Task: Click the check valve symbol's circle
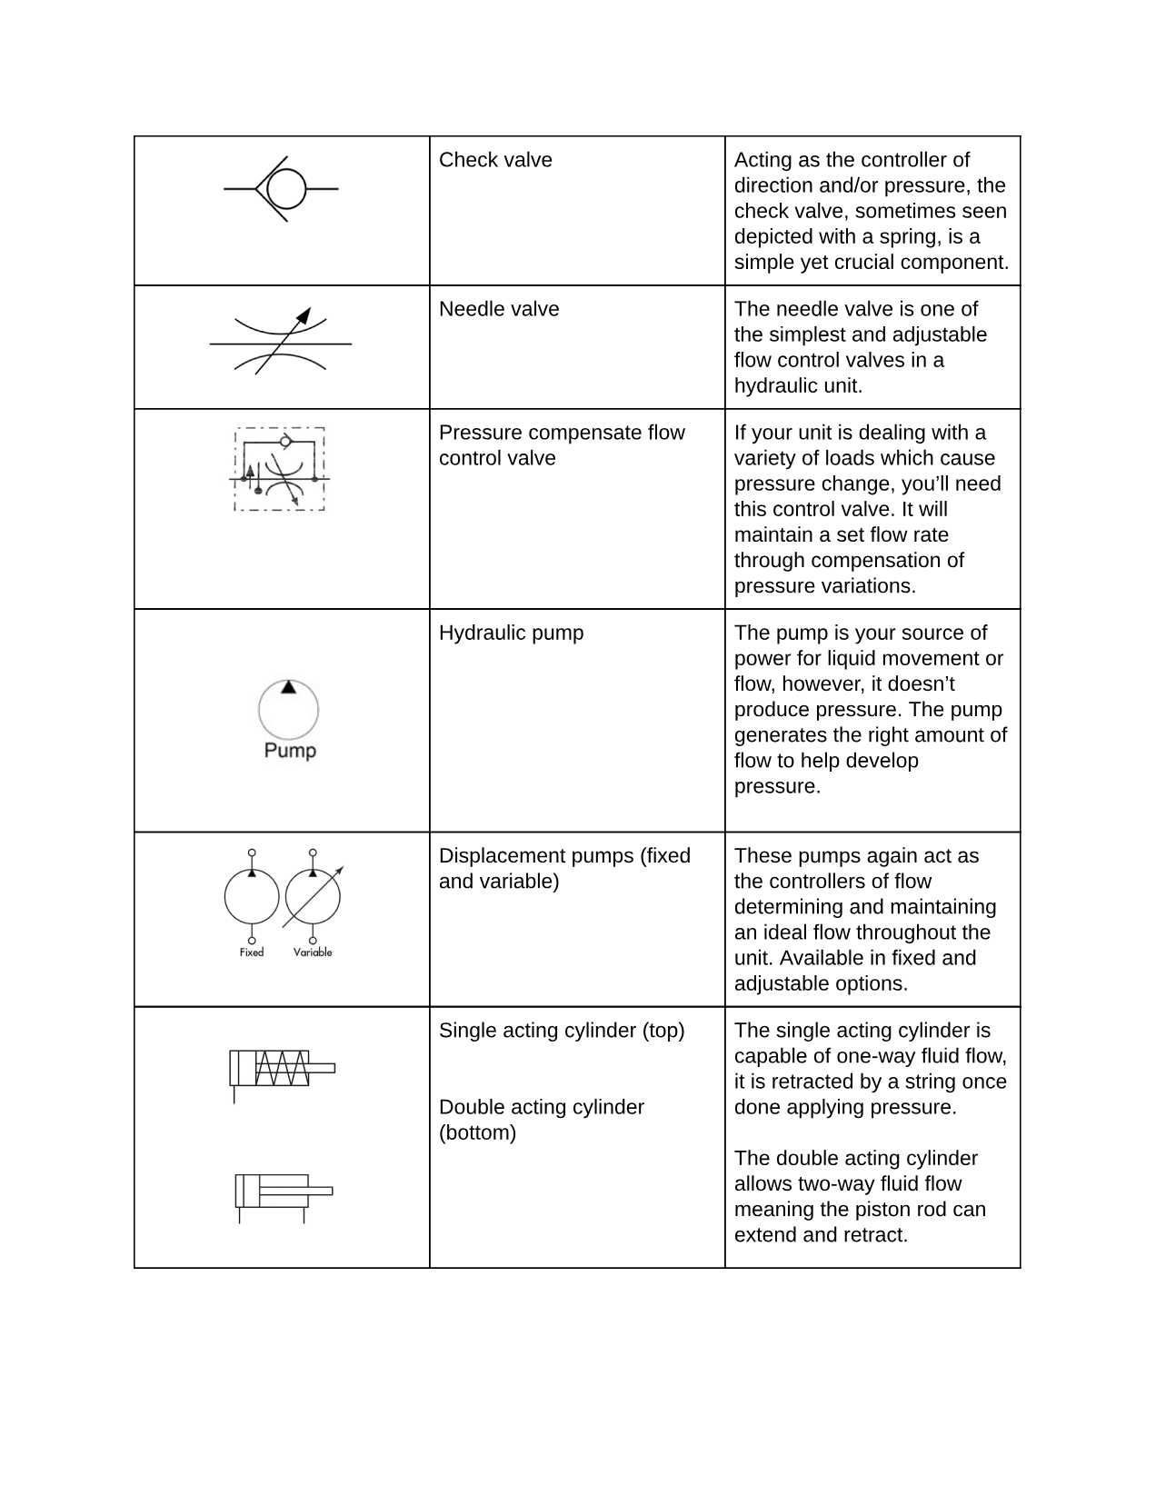click(x=287, y=189)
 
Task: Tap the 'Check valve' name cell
click(x=495, y=160)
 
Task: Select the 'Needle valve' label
click(x=499, y=309)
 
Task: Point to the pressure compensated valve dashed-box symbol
click(x=280, y=469)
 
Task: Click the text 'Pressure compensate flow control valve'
click(x=561, y=445)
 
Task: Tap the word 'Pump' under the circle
click(x=290, y=751)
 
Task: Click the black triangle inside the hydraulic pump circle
click(x=288, y=688)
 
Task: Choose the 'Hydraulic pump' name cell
click(x=511, y=633)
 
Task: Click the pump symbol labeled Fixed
click(x=252, y=897)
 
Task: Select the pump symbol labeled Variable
click(x=313, y=897)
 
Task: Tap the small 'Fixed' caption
click(x=252, y=952)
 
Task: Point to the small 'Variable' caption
click(x=313, y=952)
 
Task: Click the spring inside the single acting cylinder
click(x=282, y=1068)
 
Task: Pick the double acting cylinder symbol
click(x=283, y=1192)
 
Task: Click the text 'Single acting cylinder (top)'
click(x=562, y=1031)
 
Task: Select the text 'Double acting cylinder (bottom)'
click(x=541, y=1120)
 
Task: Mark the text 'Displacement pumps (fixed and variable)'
click(x=564, y=868)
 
